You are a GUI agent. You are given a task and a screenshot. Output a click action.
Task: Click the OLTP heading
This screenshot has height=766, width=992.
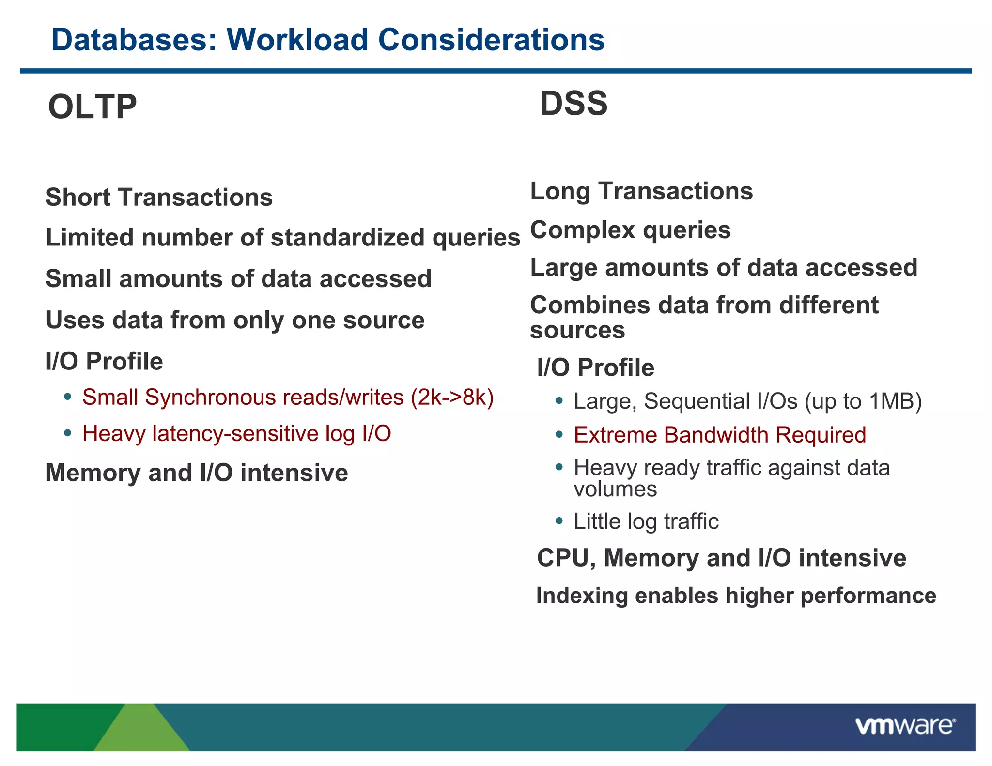tap(92, 107)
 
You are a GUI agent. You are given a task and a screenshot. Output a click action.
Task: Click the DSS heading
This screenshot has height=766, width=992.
tap(573, 104)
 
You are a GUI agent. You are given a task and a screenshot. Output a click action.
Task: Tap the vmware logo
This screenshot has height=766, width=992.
tap(905, 726)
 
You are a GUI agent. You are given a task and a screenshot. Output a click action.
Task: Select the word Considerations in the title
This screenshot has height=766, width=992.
tap(491, 40)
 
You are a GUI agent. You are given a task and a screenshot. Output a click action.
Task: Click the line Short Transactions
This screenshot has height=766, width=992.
tap(159, 198)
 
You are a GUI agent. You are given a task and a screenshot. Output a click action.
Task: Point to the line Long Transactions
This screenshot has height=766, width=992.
tap(641, 191)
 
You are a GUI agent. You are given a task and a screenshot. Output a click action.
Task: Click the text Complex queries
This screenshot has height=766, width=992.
tap(630, 230)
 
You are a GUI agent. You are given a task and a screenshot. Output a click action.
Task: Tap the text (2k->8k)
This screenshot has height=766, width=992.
tap(452, 398)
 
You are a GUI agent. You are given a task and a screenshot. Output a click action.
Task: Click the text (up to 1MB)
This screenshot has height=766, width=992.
tap(863, 401)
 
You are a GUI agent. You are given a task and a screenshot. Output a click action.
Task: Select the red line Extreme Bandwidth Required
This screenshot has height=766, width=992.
tap(720, 435)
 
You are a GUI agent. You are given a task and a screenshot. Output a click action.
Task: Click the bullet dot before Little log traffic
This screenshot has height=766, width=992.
tap(559, 521)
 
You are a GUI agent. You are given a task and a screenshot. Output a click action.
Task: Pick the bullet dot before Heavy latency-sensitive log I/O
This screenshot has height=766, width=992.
tap(68, 432)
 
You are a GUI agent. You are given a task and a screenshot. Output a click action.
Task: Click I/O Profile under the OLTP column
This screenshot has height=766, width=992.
tap(104, 362)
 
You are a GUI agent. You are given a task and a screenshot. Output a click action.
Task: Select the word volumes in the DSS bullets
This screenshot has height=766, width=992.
tap(615, 489)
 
